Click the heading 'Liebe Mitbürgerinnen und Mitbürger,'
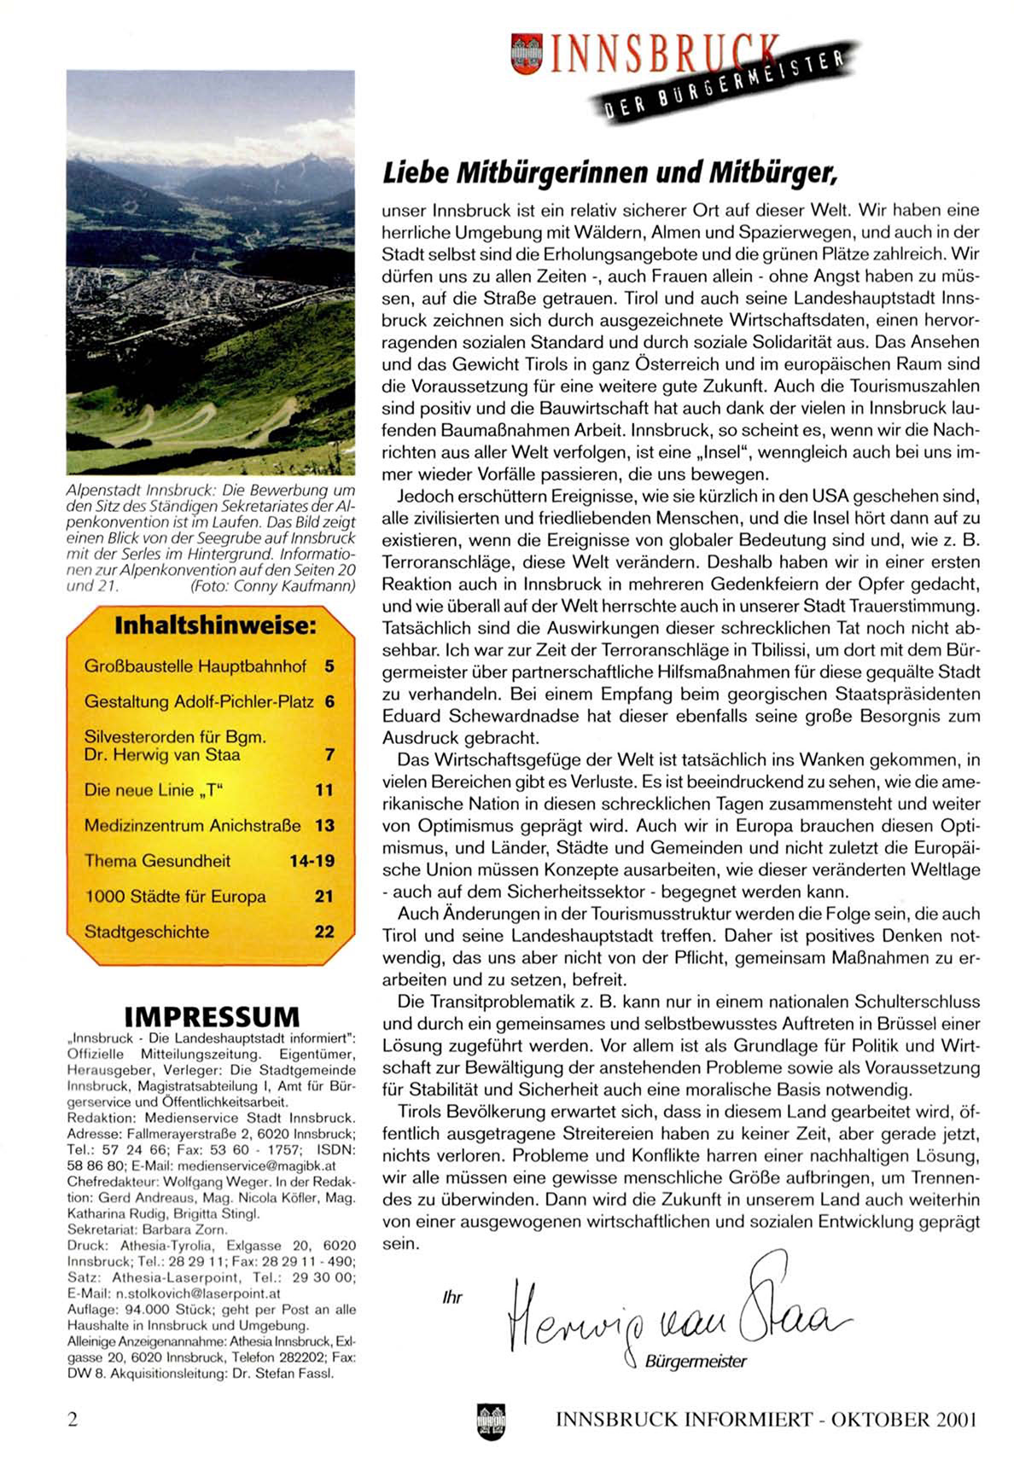[609, 173]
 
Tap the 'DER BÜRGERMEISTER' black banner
[726, 84]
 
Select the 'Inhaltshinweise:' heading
[214, 625]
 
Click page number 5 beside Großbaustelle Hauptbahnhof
[329, 666]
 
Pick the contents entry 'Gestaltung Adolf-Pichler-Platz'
[199, 702]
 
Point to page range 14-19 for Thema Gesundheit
[312, 861]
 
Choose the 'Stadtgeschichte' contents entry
[147, 932]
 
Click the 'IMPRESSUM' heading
[212, 1017]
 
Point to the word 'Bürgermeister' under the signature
[696, 1362]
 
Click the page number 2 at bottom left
[73, 1420]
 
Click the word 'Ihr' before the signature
[452, 1298]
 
